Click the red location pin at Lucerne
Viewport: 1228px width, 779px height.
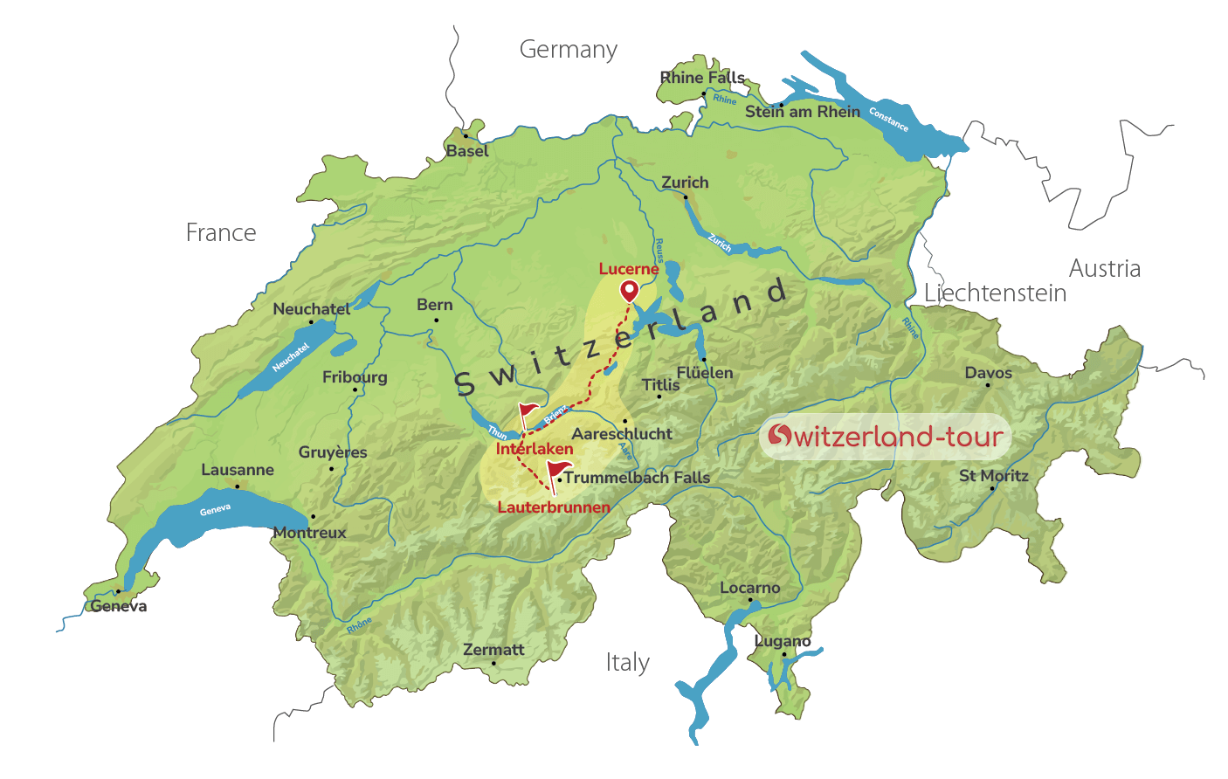point(629,291)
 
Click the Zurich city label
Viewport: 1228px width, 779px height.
point(685,183)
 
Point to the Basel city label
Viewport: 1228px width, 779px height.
point(467,151)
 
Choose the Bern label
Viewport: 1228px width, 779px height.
point(434,305)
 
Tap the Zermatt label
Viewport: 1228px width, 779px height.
point(493,650)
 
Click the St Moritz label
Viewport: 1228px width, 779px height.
point(993,476)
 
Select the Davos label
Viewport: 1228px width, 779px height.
point(988,373)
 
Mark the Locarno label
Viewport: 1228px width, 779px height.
point(749,588)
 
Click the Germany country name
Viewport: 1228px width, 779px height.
point(568,50)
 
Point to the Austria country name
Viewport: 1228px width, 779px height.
point(1104,268)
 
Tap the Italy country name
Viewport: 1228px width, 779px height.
point(627,663)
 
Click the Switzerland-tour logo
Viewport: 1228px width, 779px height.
point(885,436)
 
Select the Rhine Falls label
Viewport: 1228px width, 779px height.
point(702,78)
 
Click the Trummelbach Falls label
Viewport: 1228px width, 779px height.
point(637,478)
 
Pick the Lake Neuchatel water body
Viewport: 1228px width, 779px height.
point(288,359)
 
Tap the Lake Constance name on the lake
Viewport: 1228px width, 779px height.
point(888,121)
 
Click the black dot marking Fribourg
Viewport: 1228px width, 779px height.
point(355,389)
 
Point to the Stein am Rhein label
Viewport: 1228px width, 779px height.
point(802,112)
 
